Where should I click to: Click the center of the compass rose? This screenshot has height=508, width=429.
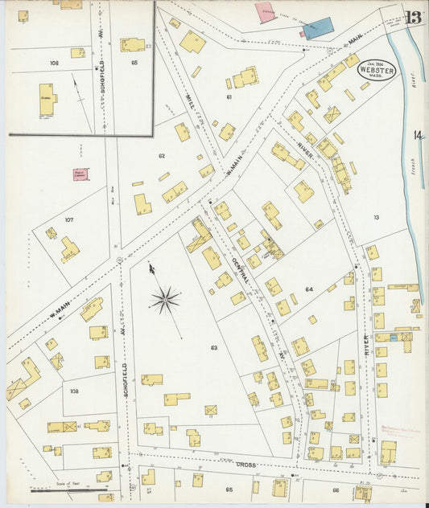(164, 301)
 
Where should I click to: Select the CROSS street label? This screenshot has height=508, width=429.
(245, 465)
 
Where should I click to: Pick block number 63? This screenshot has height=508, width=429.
(214, 348)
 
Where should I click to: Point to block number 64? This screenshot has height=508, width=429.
(309, 289)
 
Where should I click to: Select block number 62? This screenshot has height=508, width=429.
(162, 156)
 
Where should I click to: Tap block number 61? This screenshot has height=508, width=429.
(229, 96)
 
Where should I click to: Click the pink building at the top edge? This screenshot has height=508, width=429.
(265, 12)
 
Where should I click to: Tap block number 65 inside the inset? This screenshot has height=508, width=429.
(134, 62)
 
